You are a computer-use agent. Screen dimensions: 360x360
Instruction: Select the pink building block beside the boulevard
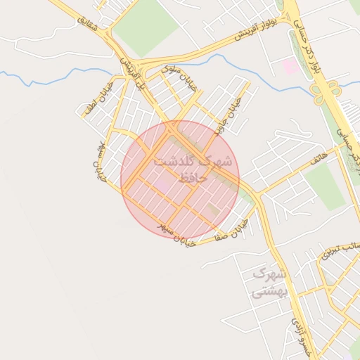coord(290,67)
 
